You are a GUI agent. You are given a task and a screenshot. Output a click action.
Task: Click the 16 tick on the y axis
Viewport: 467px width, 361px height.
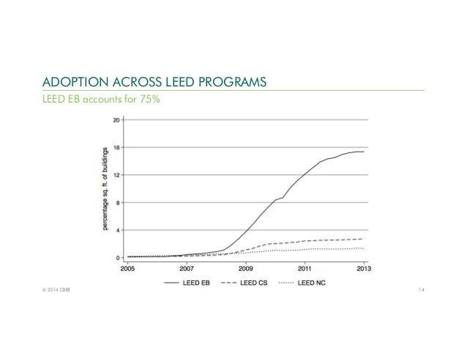[116, 147]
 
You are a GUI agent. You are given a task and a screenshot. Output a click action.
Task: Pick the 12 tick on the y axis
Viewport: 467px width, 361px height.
[116, 175]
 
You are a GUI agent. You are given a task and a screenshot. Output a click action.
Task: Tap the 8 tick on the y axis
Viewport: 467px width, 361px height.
[118, 202]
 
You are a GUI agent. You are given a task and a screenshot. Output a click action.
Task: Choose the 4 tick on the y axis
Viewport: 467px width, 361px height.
[118, 230]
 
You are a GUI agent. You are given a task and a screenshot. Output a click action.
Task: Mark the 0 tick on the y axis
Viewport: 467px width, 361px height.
[118, 257]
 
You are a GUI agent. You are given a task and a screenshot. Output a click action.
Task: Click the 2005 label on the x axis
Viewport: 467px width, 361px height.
[128, 267]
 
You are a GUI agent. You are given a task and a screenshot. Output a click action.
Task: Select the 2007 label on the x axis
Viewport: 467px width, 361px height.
[187, 267]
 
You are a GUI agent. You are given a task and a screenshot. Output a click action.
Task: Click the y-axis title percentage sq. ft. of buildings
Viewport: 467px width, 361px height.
[105, 187]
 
